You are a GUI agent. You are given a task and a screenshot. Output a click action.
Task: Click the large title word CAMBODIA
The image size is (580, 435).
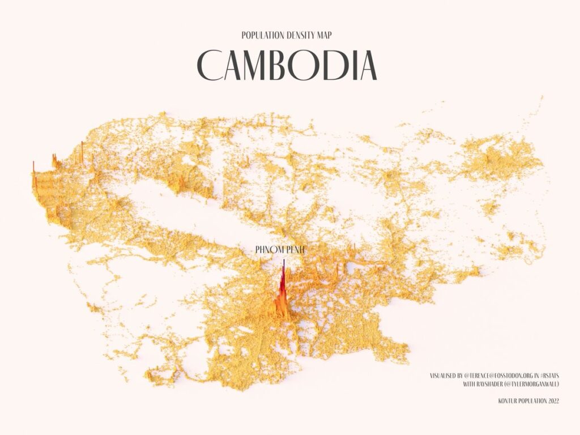[x=287, y=65]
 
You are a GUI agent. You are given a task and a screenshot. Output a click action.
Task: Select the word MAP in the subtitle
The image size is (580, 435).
[x=324, y=35]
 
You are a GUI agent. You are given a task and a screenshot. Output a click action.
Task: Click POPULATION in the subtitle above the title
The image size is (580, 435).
[x=261, y=35]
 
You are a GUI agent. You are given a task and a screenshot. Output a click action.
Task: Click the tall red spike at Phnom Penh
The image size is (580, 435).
[x=283, y=283]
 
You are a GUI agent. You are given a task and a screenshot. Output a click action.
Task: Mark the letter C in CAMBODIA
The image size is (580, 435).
[x=211, y=65]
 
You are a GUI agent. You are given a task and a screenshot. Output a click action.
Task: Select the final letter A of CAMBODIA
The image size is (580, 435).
[x=368, y=65]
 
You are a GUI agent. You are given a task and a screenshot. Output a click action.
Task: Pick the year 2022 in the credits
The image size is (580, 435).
[x=551, y=401]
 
